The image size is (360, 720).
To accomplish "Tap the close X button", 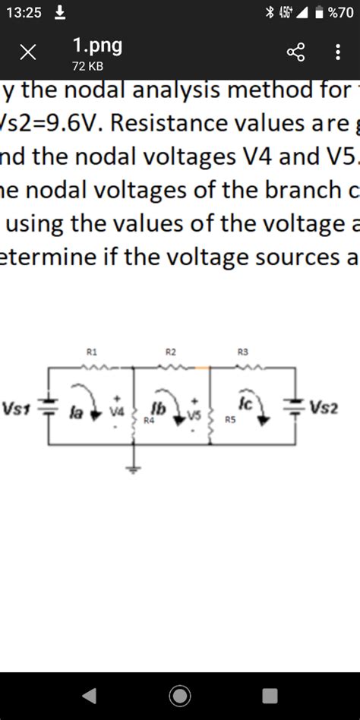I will tap(28, 53).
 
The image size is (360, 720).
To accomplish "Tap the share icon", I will tap(295, 53).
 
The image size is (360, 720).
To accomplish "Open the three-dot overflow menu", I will tap(337, 53).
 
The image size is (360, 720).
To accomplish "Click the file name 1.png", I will tap(97, 46).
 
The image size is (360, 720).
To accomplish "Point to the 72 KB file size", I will tap(87, 67).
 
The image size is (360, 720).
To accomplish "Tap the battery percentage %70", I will tap(339, 13).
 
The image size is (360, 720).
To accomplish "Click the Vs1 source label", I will tap(17, 408).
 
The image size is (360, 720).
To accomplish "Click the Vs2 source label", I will tap(324, 408).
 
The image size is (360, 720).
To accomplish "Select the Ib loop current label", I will tap(159, 406).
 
